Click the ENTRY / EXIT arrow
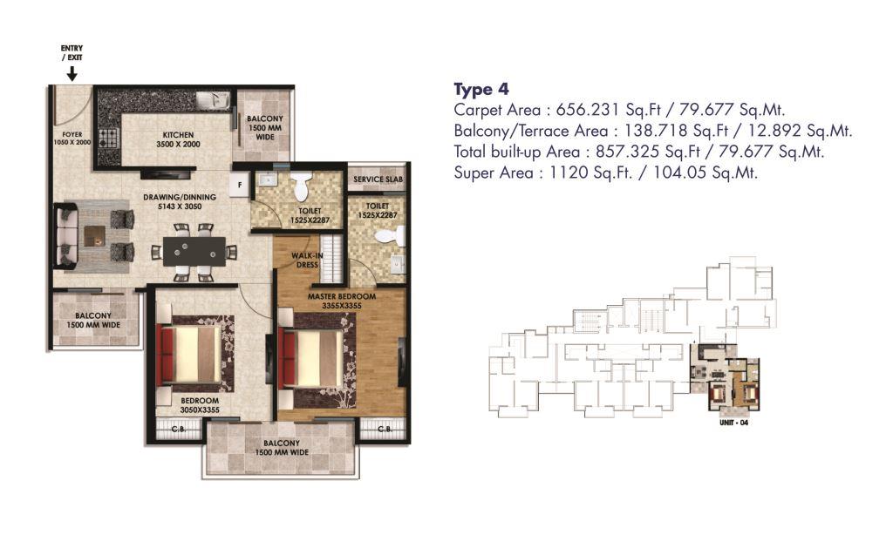point(72,73)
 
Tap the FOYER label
point(72,135)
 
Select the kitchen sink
point(214,100)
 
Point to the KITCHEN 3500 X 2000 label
point(178,139)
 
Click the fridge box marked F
point(240,185)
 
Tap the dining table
point(194,251)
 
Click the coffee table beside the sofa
point(94,236)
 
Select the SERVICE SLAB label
point(378,179)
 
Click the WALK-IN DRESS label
point(307,261)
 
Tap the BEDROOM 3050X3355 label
point(200,405)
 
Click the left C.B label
point(178,430)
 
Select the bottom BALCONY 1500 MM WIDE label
point(282,448)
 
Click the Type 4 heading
point(481,90)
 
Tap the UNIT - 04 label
point(734,423)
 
